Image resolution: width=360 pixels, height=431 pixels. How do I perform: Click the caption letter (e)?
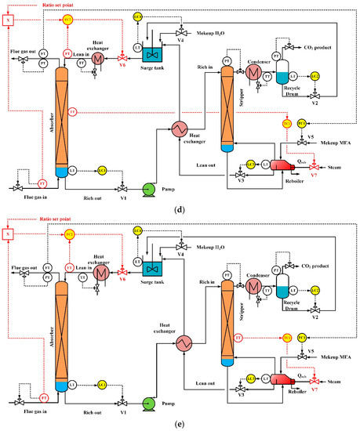(x=179, y=424)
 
